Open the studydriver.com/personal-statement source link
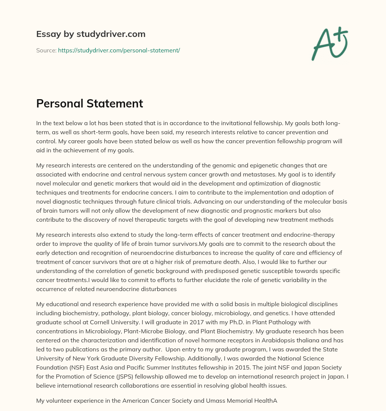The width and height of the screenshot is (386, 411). pyautogui.click(x=119, y=50)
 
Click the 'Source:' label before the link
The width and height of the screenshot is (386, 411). pyautogui.click(x=46, y=50)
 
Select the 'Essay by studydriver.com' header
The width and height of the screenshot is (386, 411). pyautogui.click(x=90, y=34)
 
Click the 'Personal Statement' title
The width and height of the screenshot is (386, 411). pyautogui.click(x=89, y=103)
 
